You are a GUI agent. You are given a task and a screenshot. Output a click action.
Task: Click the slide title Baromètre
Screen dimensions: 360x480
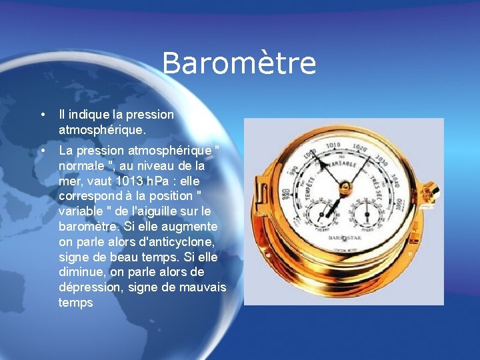239,64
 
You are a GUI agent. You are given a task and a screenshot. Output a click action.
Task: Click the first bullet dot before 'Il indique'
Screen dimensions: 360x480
43,115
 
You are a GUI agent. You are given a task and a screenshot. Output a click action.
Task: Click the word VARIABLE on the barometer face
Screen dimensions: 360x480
343,163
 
